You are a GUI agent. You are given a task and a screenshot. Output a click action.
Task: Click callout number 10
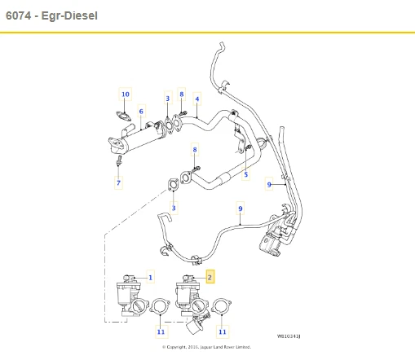click(126, 94)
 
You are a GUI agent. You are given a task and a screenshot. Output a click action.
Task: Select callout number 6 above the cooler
click(141, 112)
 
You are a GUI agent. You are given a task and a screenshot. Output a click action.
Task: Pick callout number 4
click(196, 99)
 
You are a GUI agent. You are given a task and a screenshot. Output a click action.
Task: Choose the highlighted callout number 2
click(210, 278)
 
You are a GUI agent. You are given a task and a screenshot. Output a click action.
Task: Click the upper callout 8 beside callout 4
click(182, 94)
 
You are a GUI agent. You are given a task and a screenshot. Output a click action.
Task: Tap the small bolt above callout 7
click(119, 164)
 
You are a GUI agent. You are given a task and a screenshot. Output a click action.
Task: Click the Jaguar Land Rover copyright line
click(207, 347)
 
